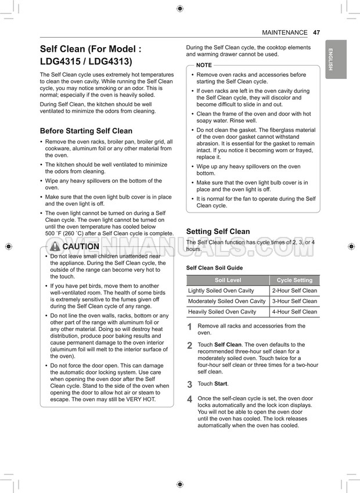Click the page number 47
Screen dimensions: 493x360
pos(316,33)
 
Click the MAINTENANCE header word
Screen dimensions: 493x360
pos(285,33)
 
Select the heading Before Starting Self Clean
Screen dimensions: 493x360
pos(86,131)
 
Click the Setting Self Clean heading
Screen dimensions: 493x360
pos(218,231)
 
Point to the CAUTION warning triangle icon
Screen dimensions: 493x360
pos(55,246)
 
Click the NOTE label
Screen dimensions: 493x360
pos(204,65)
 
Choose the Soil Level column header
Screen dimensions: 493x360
pos(228,280)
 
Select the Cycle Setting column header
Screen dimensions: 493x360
pos(294,280)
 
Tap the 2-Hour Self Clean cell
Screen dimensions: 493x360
pos(294,290)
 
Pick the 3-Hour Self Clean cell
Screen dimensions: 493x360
pos(294,301)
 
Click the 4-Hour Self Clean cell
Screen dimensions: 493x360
pos(294,311)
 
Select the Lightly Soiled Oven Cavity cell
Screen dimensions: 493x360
pos(221,290)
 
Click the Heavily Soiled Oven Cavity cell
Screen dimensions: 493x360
pos(222,311)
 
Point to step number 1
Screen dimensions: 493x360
pos(189,328)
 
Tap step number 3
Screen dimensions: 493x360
pos(189,384)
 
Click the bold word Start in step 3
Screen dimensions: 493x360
pos(221,384)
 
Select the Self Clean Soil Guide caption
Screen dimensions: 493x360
pos(214,268)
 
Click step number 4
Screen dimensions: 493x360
pos(189,400)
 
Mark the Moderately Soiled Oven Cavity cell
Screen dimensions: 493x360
pos(227,301)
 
